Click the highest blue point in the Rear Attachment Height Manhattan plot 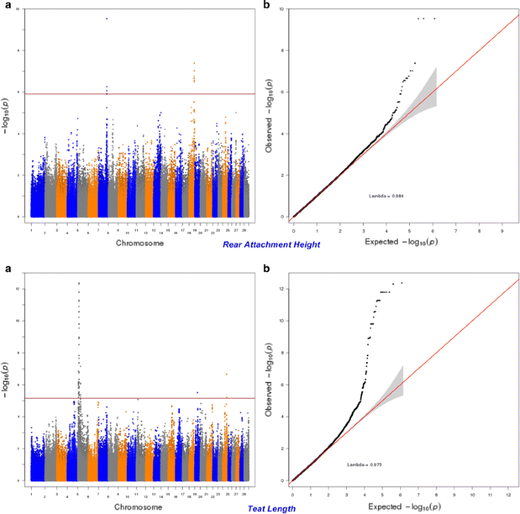click(106, 18)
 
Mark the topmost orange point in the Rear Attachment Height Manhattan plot click(194, 63)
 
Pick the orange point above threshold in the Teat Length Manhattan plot click(226, 374)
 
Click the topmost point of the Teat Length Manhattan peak click(79, 283)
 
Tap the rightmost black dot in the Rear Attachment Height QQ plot click(434, 18)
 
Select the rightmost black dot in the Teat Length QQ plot click(402, 283)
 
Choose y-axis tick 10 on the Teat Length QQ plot click(282, 321)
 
